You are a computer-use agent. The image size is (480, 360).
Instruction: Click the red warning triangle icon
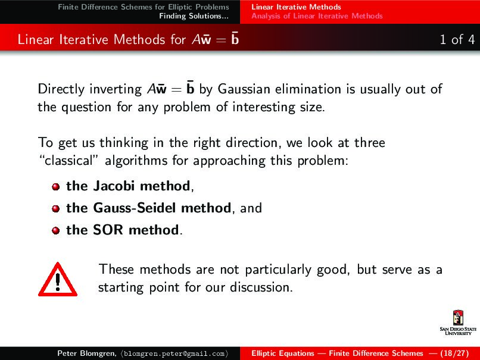point(57,278)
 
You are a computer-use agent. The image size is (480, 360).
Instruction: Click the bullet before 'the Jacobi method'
point(55,187)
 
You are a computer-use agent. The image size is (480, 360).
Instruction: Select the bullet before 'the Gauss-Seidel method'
point(55,209)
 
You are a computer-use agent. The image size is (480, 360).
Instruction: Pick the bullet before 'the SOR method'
point(55,231)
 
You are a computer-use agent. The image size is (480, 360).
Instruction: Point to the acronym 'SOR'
point(108,230)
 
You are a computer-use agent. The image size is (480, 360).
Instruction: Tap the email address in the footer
point(173,353)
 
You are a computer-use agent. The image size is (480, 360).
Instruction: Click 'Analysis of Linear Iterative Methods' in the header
point(317,16)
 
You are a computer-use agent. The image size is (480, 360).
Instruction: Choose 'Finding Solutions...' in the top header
point(194,16)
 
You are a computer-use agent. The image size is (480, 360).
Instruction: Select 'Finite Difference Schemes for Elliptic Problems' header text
point(144,7)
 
